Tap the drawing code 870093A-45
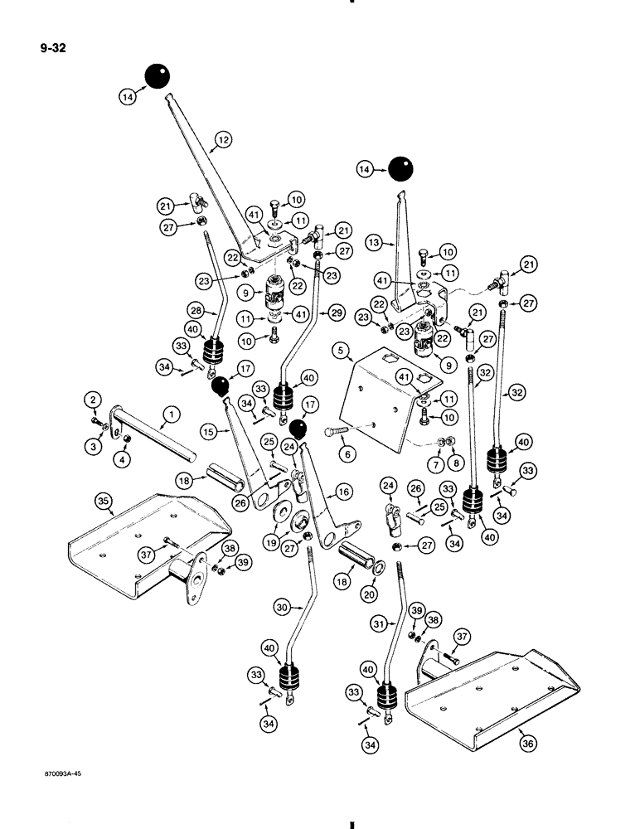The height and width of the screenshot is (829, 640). (57, 772)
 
